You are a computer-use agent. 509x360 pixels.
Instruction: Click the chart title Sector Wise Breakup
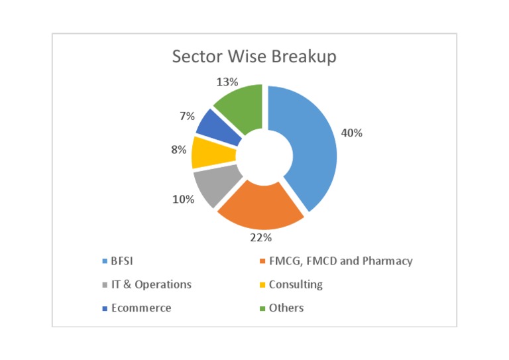click(254, 56)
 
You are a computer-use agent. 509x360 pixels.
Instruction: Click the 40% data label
click(352, 133)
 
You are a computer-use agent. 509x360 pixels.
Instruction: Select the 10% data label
click(183, 199)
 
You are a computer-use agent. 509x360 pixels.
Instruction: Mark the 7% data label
click(187, 116)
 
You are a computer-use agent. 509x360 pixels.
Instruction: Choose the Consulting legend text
click(296, 284)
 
